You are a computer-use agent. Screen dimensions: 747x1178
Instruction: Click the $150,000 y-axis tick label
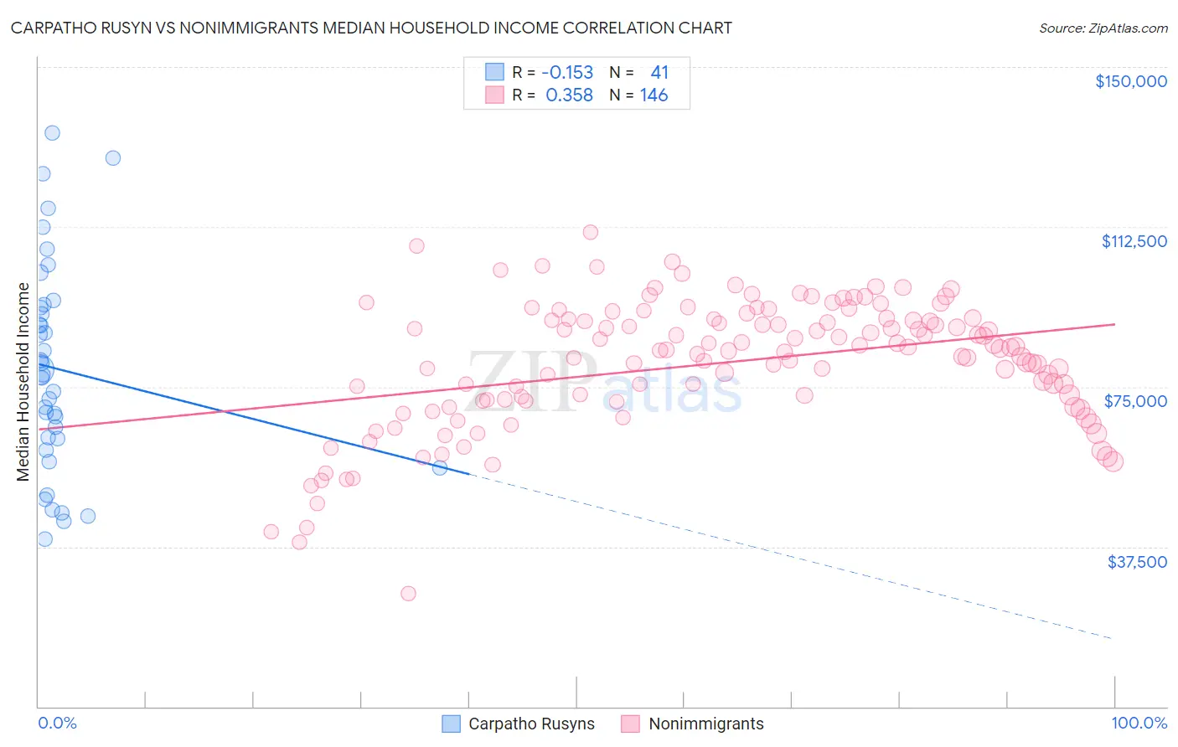[1130, 81]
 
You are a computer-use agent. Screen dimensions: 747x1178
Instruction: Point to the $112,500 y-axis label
[1134, 241]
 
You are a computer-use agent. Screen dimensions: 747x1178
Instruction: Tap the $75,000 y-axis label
[1135, 401]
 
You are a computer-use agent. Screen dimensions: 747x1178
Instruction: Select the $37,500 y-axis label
[1136, 562]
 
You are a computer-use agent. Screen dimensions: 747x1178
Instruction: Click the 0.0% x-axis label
[57, 723]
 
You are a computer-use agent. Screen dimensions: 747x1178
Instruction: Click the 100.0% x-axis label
[1139, 723]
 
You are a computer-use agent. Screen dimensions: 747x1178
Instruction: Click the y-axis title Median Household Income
[23, 382]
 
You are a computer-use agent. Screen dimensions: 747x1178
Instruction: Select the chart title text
[371, 28]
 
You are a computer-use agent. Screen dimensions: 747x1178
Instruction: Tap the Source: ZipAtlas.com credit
[1103, 28]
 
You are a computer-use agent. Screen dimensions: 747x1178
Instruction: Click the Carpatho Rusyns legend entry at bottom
[519, 724]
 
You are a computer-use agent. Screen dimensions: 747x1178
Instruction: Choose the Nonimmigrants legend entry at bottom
[692, 724]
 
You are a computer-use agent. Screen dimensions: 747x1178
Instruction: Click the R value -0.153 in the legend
[567, 73]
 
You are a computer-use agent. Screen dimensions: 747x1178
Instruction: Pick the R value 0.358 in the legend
[569, 95]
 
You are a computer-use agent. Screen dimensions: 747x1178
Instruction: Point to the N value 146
[654, 95]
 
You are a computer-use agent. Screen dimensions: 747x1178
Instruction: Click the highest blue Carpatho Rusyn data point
[52, 133]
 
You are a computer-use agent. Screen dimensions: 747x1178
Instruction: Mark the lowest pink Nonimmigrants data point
[408, 594]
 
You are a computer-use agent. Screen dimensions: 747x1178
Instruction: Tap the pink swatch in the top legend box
[494, 95]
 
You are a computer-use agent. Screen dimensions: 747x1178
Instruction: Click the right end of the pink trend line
[1114, 324]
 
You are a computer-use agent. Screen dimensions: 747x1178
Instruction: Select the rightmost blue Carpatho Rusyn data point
[440, 467]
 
